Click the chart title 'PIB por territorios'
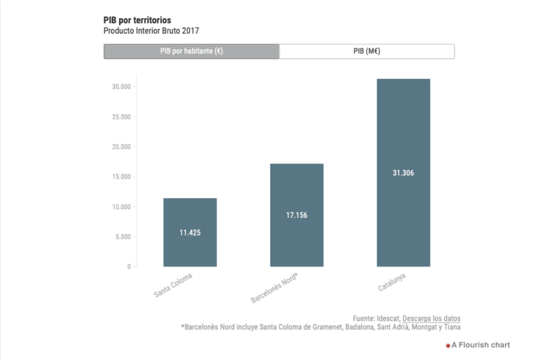[137, 20]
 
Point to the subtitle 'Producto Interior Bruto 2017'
[151, 31]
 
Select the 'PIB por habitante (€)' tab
[192, 51]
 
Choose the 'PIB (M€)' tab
[367, 51]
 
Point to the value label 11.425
[190, 233]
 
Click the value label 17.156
[296, 216]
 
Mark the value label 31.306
[403, 173]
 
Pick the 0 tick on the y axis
[128, 266]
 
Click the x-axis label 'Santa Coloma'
[173, 286]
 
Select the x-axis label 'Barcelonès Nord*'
[274, 288]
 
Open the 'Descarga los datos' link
[431, 318]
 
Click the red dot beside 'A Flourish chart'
[448, 346]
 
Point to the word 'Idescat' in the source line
[388, 318]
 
